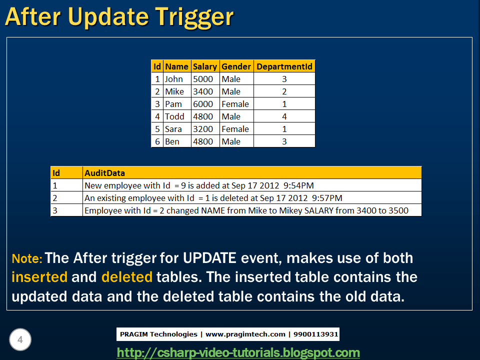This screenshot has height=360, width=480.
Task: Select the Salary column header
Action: pos(205,66)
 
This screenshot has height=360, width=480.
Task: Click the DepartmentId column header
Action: pos(284,66)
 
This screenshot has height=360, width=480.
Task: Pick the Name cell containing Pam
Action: pos(173,104)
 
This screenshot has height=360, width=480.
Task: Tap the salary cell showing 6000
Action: pos(203,104)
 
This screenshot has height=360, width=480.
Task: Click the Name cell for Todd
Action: pos(174,116)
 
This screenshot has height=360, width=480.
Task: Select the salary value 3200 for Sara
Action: pos(203,129)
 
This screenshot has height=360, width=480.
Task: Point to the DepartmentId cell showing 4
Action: pos(284,116)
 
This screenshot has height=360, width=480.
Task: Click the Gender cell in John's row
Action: pos(231,79)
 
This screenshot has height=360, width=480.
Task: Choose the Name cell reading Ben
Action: pos(172,141)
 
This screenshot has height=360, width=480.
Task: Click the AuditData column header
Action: pos(104,173)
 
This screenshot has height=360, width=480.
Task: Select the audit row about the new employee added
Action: pos(199,185)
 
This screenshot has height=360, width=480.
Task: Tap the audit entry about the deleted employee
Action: pos(213,198)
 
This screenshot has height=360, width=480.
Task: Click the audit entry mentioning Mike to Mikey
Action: pos(246,210)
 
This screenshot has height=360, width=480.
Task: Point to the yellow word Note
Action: pos(27,259)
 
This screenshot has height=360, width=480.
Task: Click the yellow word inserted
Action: pos(39,277)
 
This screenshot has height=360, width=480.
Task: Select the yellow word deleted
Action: pos(126,277)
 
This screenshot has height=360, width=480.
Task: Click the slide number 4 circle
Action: pos(20,340)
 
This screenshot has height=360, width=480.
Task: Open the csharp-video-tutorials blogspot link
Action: pos(238,352)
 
